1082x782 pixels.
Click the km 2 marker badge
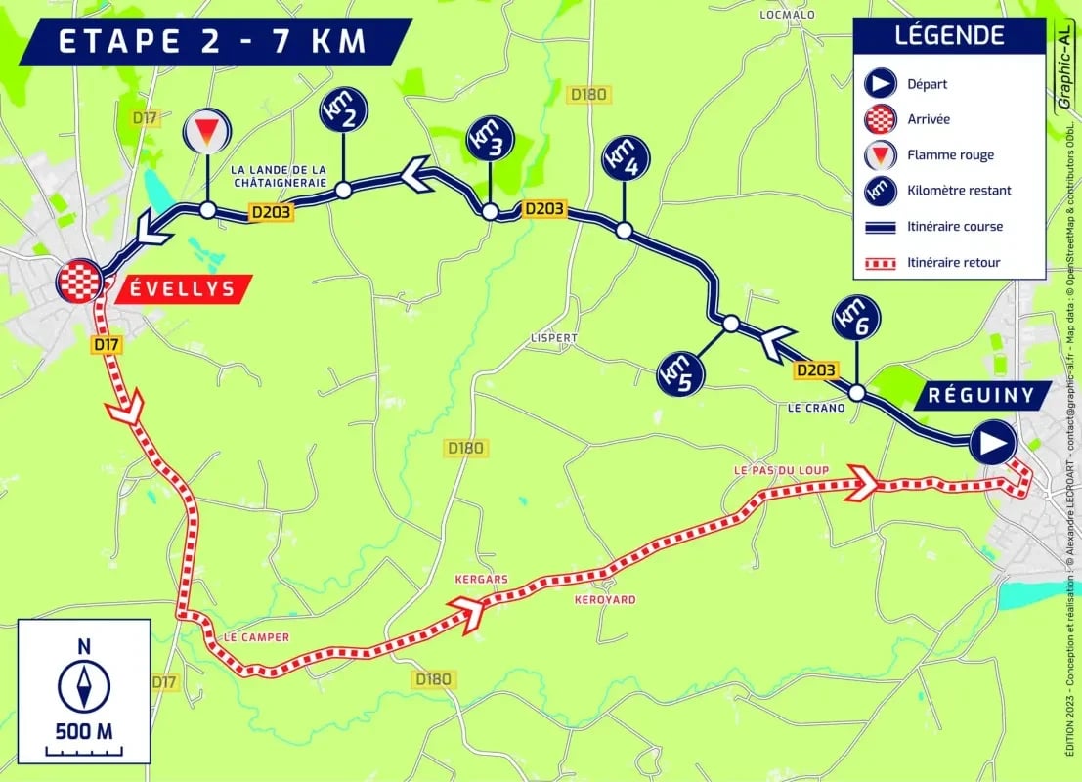343,112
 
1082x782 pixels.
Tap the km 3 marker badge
490,139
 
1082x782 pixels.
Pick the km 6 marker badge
856,319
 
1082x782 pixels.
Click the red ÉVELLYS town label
183,289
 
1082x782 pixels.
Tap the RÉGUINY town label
982,397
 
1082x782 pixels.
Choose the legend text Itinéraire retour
954,262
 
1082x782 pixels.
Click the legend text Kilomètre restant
959,191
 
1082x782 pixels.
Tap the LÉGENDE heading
949,36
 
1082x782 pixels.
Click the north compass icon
84,685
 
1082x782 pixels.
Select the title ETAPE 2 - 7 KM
212,42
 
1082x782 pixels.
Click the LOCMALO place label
787,15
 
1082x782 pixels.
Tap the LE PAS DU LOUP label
781,470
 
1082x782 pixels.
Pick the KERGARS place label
481,579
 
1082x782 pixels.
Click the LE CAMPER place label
257,637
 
